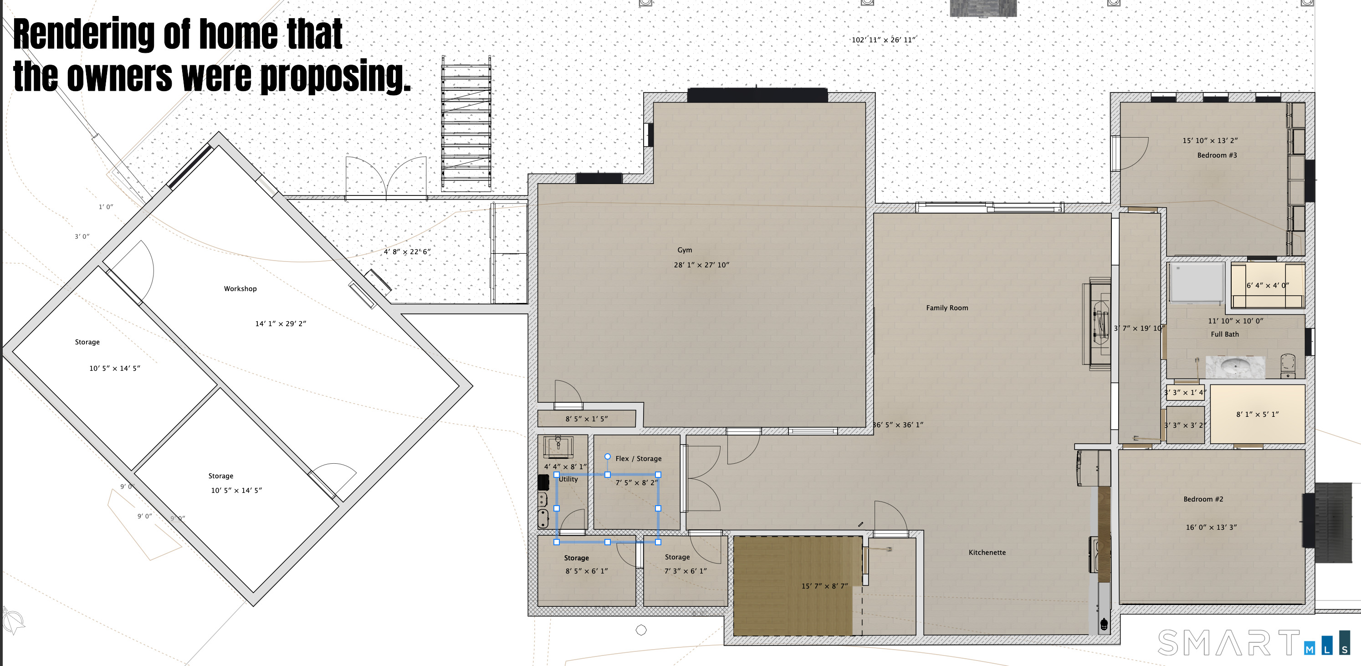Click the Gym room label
[x=684, y=250]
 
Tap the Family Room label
[x=947, y=307]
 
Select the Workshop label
[x=240, y=289]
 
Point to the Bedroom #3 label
[x=1217, y=155]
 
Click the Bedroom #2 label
[x=1203, y=499]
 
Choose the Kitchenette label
[x=987, y=553]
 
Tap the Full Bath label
[x=1225, y=334]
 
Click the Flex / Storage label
[x=638, y=459]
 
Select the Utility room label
[x=568, y=479]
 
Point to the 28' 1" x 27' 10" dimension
[x=701, y=265]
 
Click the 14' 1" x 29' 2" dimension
[x=281, y=323]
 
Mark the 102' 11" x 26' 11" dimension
[x=883, y=40]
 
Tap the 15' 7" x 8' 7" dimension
[x=824, y=586]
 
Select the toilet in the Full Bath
[x=1288, y=366]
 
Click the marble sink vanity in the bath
[x=1235, y=367]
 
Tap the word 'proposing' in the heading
[x=335, y=77]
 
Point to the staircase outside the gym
[x=466, y=123]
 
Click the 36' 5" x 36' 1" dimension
[x=898, y=425]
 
